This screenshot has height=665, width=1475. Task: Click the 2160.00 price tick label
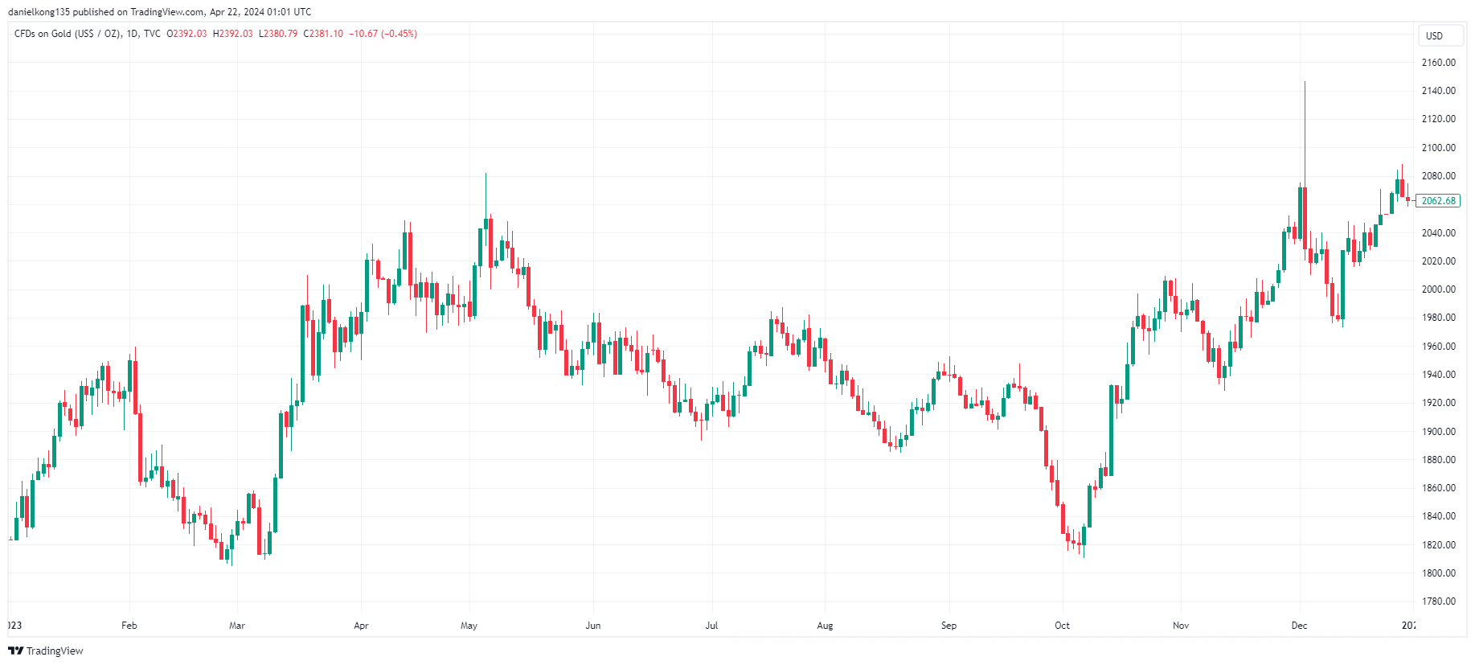pos(1438,63)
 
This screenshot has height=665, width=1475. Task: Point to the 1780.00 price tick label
pos(1438,601)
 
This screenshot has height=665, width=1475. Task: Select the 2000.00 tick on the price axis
pos(1438,289)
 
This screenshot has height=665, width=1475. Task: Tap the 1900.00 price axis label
pos(1438,432)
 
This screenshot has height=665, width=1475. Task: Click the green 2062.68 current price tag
pos(1438,201)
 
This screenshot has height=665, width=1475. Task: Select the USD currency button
pos(1434,36)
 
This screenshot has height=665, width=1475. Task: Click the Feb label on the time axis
pos(129,626)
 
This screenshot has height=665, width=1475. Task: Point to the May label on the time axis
pos(469,626)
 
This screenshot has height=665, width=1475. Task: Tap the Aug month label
pos(825,626)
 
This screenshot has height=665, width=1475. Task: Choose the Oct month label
pos(1062,626)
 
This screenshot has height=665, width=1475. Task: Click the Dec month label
pos(1299,626)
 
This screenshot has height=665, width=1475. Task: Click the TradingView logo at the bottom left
pos(46,651)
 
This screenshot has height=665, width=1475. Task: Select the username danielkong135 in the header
pos(39,12)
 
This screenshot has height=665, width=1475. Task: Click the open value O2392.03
pos(186,34)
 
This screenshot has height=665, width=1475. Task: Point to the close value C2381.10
pos(323,34)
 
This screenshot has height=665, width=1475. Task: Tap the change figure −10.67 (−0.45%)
pos(383,34)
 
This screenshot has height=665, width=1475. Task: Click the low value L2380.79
pos(278,34)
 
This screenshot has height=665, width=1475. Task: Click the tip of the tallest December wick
pos(1305,82)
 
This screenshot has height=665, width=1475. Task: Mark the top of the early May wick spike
pos(486,174)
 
